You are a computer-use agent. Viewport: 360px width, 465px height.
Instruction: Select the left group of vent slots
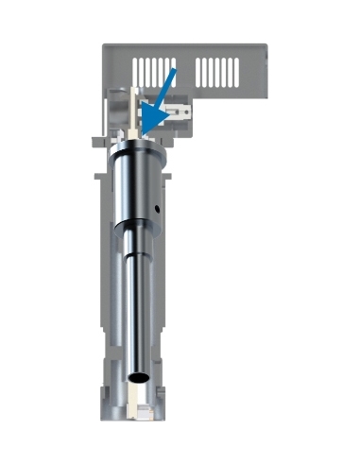157,69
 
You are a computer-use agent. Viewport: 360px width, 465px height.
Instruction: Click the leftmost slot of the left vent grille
138,69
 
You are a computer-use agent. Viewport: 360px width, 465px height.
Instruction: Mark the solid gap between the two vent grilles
188,69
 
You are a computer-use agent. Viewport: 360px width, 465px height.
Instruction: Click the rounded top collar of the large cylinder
137,151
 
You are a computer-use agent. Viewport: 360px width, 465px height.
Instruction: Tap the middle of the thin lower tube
137,302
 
